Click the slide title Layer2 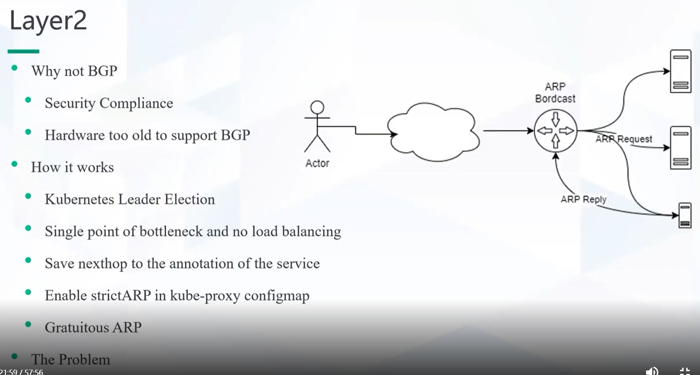tap(48, 21)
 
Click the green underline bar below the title tap(23, 51)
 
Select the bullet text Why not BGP tap(74, 71)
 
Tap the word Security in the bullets tap(70, 103)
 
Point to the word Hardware tap(74, 135)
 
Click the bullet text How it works tap(72, 167)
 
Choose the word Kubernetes tap(79, 199)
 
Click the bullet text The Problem tap(71, 359)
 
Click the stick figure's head tap(317, 107)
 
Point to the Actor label tap(317, 163)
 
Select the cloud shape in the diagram tap(433, 132)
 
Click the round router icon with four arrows tap(555, 131)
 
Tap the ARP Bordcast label tap(555, 92)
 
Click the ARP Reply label tap(584, 199)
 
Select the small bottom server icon tap(685, 215)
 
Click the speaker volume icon tap(652, 371)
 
